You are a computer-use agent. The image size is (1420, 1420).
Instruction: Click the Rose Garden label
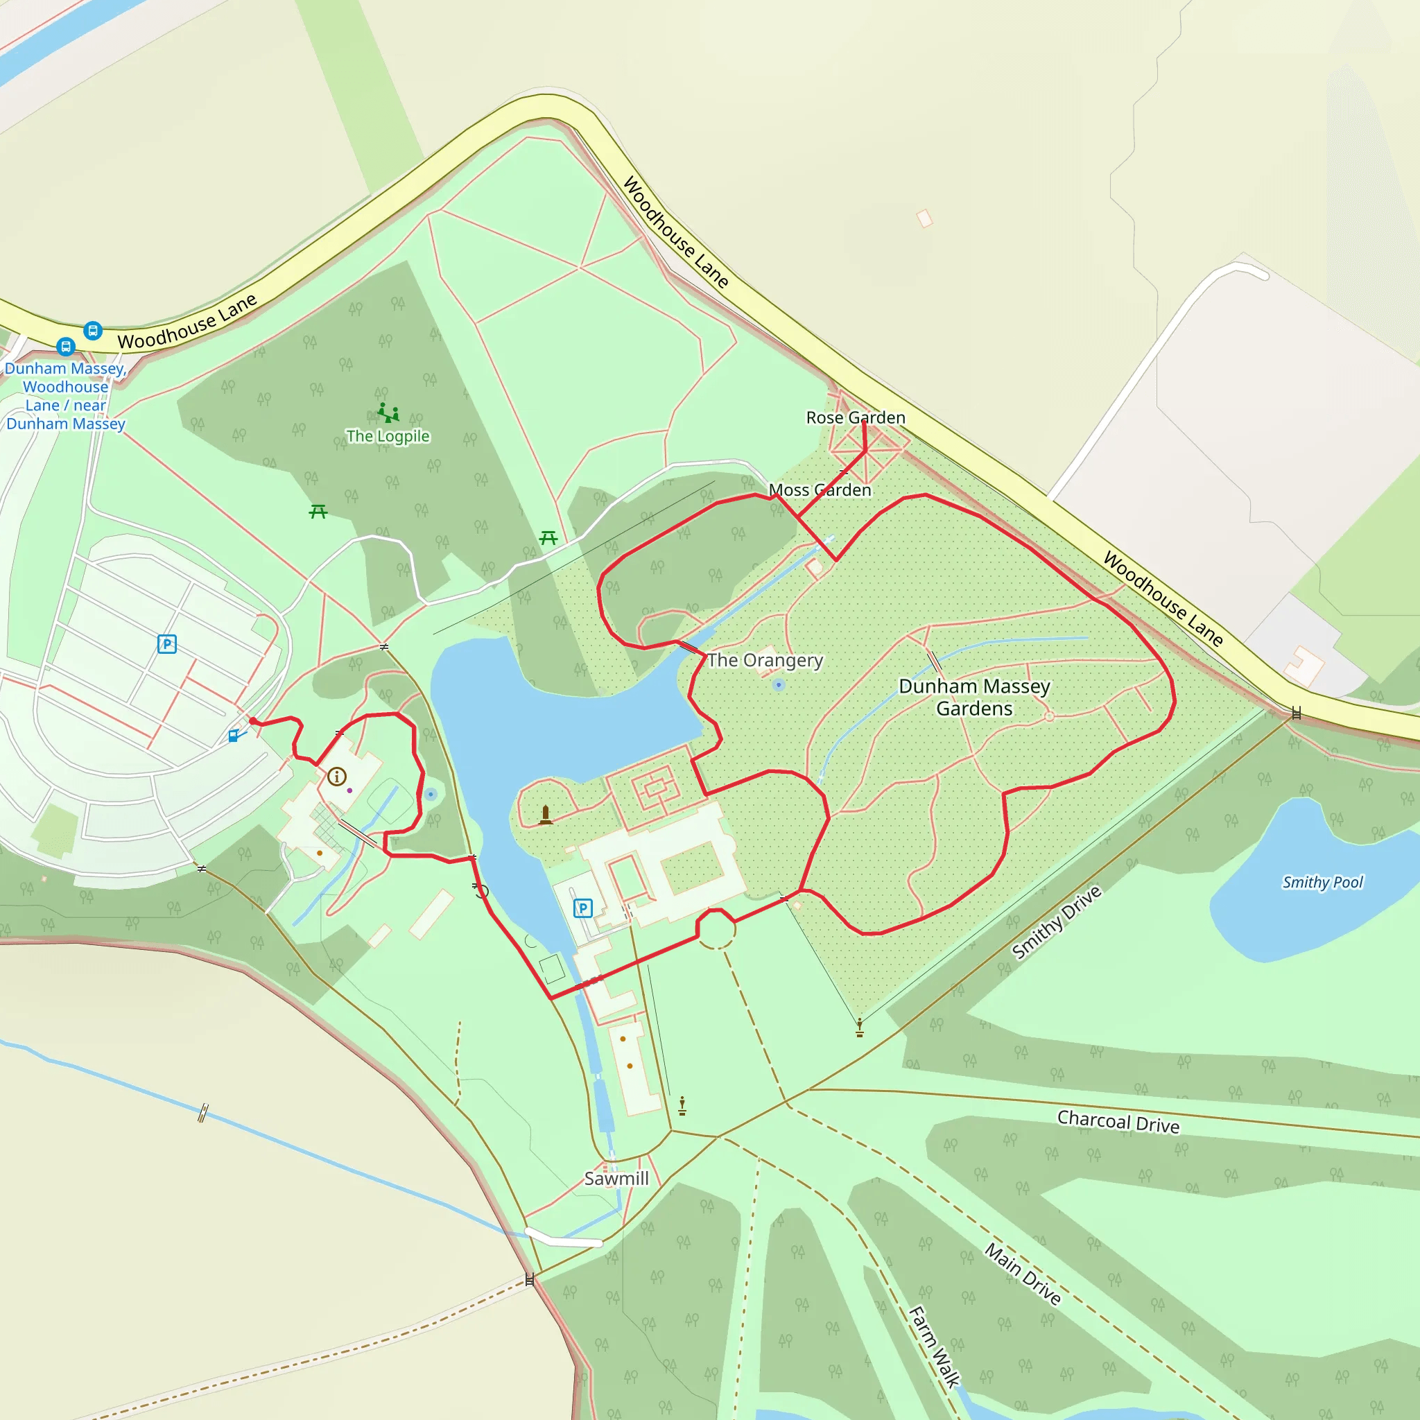click(x=856, y=417)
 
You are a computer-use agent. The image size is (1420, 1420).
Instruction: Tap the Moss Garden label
click(x=820, y=490)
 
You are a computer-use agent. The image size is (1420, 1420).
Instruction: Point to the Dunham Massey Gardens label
click(x=975, y=697)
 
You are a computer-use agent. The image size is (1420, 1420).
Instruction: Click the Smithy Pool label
click(x=1322, y=882)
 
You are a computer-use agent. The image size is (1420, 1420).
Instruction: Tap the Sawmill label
click(x=616, y=1179)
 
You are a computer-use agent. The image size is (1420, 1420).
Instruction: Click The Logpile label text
click(x=388, y=436)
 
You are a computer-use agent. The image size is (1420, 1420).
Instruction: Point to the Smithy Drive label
click(x=1056, y=923)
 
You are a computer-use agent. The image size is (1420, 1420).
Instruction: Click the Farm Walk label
click(x=934, y=1347)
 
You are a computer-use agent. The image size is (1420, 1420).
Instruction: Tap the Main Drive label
click(x=1023, y=1274)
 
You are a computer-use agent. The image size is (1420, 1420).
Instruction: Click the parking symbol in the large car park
click(x=167, y=645)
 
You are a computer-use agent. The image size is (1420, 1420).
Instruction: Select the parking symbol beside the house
click(x=583, y=908)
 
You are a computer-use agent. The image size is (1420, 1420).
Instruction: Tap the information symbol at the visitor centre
click(x=336, y=776)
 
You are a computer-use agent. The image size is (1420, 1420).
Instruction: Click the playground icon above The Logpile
click(x=388, y=413)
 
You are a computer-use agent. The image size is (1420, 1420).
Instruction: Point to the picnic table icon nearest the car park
click(x=318, y=511)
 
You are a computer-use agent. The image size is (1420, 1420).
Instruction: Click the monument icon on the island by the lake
click(x=546, y=815)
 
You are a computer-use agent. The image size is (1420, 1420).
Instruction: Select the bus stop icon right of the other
click(x=93, y=330)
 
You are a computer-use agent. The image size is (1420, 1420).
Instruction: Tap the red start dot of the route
click(x=253, y=722)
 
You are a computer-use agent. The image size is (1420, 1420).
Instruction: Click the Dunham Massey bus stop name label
click(x=65, y=396)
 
